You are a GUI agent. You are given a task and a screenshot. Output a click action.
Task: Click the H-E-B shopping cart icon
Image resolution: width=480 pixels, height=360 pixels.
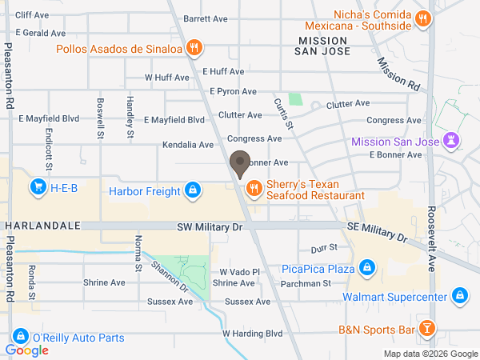pos(37,189)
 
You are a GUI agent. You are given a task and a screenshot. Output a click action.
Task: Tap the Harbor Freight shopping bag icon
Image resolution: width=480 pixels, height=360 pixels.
pos(192,190)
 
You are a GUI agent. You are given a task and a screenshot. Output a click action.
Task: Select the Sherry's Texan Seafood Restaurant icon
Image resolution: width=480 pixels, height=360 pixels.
pos(254,189)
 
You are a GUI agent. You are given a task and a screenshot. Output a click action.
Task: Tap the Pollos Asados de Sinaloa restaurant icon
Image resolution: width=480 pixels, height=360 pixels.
pos(192,49)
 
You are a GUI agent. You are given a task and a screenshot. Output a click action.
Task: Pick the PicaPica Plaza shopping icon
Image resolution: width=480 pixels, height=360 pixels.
pos(366,267)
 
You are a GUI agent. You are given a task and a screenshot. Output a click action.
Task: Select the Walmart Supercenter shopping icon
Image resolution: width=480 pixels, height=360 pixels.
pos(459,297)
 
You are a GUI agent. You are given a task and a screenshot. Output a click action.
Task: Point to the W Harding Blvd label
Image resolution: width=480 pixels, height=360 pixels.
pos(253,333)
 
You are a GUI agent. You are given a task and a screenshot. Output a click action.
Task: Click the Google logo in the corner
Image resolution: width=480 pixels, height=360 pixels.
pos(26,350)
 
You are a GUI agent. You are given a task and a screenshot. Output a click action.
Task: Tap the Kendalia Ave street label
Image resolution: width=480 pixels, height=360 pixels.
pos(188,145)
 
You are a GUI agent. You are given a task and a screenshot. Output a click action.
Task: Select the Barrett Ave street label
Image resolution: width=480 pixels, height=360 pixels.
pos(206,18)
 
